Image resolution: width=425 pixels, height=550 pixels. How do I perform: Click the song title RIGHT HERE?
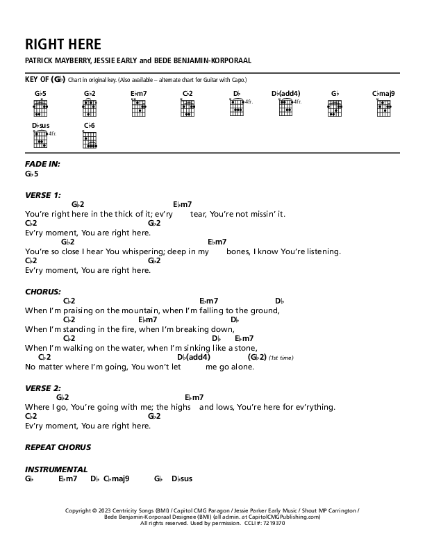pos(63,44)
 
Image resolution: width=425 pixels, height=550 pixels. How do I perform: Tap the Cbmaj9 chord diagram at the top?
pos(383,106)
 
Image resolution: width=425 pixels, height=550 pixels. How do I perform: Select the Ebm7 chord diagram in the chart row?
pos(138,106)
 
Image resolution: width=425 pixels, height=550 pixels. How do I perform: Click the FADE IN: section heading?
pos(42,164)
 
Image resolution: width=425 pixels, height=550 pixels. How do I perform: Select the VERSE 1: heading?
pos(44,194)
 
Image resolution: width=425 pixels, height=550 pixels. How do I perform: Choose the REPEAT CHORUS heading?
pos(58,447)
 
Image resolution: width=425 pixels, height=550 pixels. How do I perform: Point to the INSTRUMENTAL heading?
pos(56,469)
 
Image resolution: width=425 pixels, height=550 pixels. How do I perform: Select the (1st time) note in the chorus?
pos(282,358)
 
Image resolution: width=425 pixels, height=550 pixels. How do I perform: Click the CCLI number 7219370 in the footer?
pos(271,524)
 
